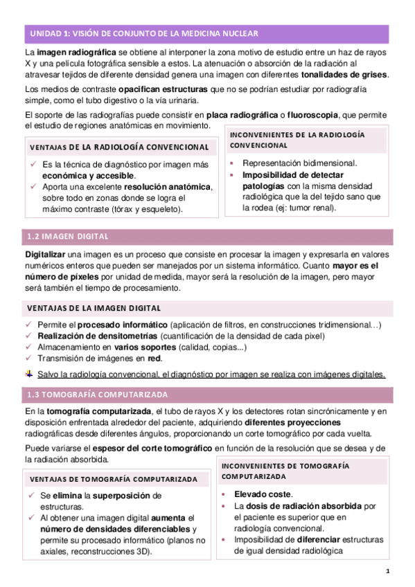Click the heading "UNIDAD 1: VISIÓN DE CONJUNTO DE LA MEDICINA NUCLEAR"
[144, 33]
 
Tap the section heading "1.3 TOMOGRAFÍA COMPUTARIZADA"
[98, 395]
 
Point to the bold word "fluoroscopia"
[314, 114]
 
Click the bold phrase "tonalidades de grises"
[344, 75]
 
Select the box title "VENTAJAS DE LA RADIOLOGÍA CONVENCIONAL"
[119, 147]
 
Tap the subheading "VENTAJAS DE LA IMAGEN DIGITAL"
[94, 308]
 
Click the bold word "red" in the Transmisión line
[154, 358]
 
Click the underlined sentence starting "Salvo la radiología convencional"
[211, 374]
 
